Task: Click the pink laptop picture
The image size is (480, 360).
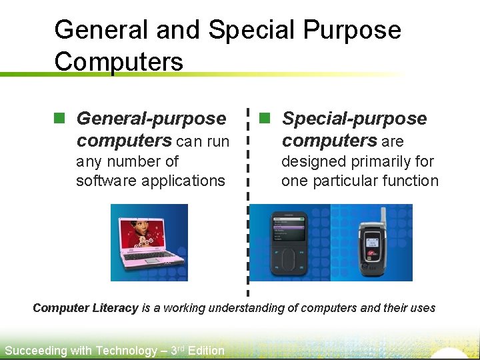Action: click(x=149, y=243)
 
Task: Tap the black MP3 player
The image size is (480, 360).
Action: click(x=289, y=244)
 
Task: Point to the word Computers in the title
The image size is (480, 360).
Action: click(x=119, y=61)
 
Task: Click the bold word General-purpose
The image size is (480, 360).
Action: click(x=151, y=119)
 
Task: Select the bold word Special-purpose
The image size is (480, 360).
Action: click(x=354, y=119)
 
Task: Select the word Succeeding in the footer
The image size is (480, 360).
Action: click(x=35, y=351)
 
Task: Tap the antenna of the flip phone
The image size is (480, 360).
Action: click(x=383, y=215)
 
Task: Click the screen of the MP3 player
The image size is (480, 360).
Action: click(x=288, y=230)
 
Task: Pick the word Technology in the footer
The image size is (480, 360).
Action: click(x=126, y=351)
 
